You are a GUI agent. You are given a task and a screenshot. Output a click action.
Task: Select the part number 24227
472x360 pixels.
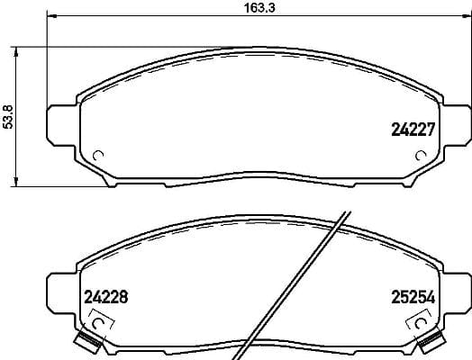pos(412,129)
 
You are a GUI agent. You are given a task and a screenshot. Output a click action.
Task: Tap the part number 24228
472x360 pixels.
pos(107,294)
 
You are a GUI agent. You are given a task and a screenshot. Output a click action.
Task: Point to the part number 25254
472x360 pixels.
pos(412,294)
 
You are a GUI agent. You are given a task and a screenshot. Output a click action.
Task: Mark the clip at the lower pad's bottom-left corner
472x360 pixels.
pos(86,342)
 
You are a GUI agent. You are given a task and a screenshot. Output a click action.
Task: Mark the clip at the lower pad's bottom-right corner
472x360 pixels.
pos(431,342)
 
